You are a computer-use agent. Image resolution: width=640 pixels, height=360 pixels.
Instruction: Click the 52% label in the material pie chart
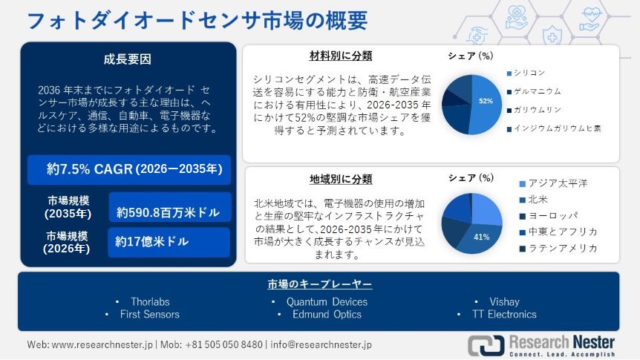pos(486,101)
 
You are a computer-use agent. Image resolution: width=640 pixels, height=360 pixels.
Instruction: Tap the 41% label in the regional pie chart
pos(482,237)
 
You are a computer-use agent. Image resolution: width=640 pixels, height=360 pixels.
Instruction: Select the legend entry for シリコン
pos(526,73)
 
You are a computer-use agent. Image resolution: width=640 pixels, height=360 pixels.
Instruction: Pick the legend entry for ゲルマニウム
pos(534,91)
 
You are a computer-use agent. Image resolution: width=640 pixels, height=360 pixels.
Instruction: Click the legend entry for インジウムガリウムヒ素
pos(554,128)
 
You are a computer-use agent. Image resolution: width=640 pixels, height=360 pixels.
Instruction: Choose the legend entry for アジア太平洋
pos(553,183)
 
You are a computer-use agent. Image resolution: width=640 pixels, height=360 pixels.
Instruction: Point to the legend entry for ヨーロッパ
pos(549,215)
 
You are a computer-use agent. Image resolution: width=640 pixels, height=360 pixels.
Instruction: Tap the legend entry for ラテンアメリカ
pos(558,248)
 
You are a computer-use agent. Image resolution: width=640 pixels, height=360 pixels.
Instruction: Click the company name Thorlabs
pos(150,301)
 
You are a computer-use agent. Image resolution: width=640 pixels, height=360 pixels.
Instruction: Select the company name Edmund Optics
pos(327,314)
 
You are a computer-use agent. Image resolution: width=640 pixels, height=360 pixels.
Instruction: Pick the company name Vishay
pos(504,301)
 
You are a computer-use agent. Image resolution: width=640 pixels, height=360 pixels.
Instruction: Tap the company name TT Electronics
pos(504,314)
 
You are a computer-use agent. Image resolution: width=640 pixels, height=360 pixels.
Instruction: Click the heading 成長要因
pos(128,59)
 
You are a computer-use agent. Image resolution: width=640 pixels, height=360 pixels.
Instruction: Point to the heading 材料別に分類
pos(341,56)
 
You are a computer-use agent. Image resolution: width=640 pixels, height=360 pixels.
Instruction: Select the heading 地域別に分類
pos(341,179)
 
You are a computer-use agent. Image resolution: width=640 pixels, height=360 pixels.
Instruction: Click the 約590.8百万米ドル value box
pos(170,207)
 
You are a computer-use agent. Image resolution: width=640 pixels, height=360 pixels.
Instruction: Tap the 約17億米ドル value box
pos(169,242)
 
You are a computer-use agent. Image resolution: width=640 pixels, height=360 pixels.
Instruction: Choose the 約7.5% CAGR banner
pos(129,169)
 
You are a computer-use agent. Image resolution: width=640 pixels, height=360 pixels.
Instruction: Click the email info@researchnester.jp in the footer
pos(321,344)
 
